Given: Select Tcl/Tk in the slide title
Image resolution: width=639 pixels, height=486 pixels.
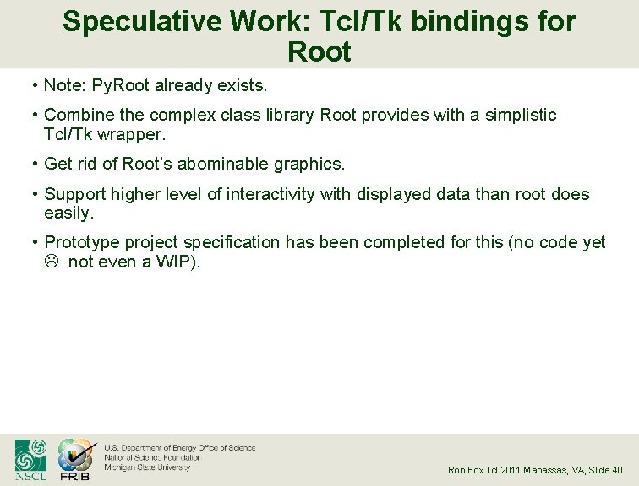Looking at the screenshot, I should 325,22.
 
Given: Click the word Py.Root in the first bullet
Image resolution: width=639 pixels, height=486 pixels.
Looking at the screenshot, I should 113,85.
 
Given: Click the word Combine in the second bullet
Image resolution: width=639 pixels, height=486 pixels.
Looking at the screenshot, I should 77,115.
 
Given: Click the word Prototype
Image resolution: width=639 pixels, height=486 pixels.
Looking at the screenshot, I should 82,243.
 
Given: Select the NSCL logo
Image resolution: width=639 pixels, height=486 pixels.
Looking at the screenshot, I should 30,460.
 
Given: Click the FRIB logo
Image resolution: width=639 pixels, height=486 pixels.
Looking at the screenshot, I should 74,460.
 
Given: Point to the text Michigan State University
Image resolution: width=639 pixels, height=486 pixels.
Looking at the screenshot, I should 147,467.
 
